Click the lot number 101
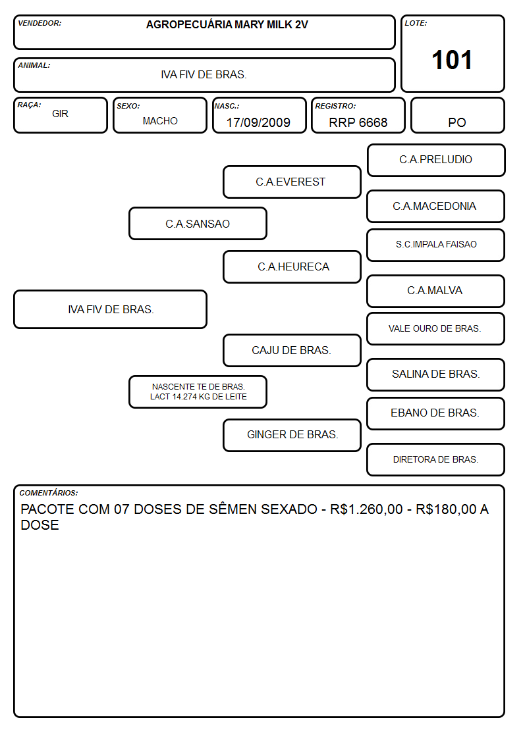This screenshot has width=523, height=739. click(452, 60)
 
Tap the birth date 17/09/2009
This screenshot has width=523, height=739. click(258, 122)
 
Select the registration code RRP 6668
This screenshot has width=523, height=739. click(358, 122)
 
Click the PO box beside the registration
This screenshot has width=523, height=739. click(457, 115)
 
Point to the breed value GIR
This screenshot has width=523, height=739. click(61, 114)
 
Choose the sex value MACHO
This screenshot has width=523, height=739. click(160, 121)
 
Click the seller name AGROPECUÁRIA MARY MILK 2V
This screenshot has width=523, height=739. click(227, 24)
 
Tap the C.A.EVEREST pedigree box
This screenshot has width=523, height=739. click(292, 182)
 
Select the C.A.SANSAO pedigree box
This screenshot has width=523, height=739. click(198, 224)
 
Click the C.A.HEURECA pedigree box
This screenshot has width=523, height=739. click(292, 267)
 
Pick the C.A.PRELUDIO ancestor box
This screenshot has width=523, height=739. click(436, 161)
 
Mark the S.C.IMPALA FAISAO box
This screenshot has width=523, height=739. click(436, 245)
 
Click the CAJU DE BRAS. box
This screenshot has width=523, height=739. click(292, 351)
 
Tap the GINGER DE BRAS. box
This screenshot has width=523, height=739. click(292, 435)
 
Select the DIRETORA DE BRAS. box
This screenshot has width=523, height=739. click(436, 459)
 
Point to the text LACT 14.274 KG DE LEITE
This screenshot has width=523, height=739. click(198, 397)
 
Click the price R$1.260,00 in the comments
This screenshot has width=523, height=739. click(366, 509)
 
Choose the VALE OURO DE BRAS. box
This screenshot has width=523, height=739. click(436, 329)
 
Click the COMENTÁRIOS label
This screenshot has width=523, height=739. click(49, 493)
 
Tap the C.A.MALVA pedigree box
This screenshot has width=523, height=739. click(436, 292)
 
